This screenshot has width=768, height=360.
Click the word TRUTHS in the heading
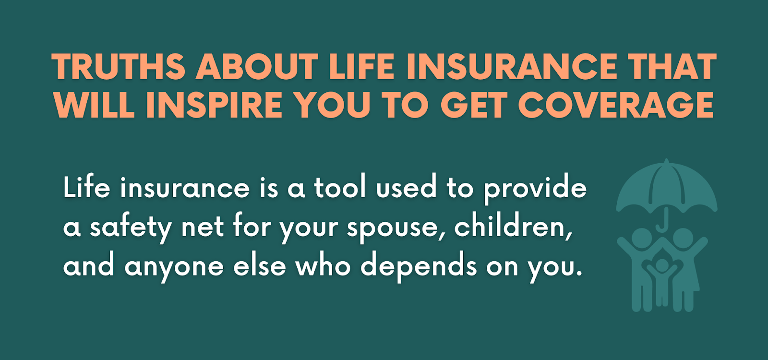coord(118,67)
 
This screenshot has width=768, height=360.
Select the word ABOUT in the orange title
coord(257,67)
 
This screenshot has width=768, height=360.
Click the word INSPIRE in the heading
coord(214,105)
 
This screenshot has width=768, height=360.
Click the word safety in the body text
coord(131,228)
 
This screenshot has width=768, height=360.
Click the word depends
coord(418,267)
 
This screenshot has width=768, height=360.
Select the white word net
coord(203,228)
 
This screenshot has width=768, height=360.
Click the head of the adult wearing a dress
coord(683,238)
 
